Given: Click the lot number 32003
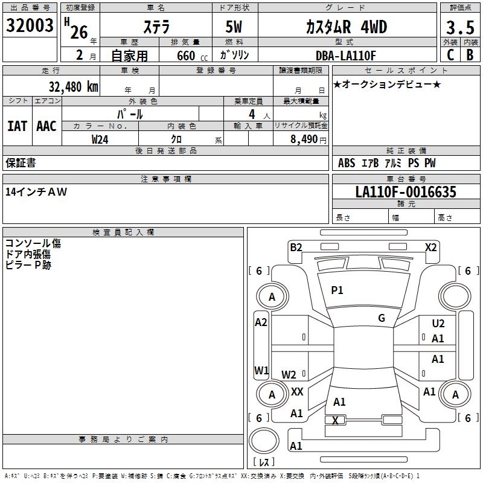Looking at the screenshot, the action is tap(30, 25).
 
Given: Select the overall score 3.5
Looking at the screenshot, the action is tap(460, 27).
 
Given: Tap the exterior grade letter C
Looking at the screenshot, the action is tap(450, 55).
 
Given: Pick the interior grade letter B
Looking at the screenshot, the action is tap(470, 55).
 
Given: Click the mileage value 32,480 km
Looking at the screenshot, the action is tap(73, 87).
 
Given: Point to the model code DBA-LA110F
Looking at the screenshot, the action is tap(346, 56).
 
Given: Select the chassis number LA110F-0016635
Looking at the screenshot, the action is tap(406, 192).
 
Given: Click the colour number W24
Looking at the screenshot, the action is tap(100, 139).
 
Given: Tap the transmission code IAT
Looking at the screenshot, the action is tap(18, 126).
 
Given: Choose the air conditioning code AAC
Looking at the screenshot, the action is tap(46, 126).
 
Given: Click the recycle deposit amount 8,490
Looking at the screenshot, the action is tap(304, 139).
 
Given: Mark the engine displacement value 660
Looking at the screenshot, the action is tap(186, 56).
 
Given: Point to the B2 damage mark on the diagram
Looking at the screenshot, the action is tap(296, 248).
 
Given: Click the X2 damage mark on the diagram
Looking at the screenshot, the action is tap(430, 248).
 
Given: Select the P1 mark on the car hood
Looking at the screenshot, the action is tap(337, 290).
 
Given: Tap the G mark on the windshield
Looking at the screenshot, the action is tap(382, 318).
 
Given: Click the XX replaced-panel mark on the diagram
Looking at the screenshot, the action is tap(297, 392).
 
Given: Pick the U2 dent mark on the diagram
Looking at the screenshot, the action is tap(438, 324).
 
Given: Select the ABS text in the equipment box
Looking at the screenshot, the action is tap(347, 163).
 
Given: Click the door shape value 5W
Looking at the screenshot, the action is tap(234, 27).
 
